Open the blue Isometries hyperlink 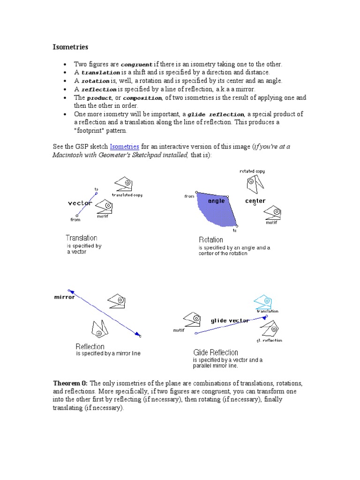click(124, 147)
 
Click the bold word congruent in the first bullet click(136, 64)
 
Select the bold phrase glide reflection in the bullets click(216, 114)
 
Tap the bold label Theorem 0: click(70, 383)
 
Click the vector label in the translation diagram click(80, 203)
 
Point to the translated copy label click(127, 195)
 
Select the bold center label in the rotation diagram click(255, 201)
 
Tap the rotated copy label click(252, 171)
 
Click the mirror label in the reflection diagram click(65, 297)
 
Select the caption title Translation click(82, 238)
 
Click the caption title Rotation click(211, 240)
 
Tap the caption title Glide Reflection click(216, 352)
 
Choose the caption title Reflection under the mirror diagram click(90, 346)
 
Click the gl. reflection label click(269, 340)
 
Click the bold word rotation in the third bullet click(98, 81)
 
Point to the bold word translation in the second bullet click(101, 73)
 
